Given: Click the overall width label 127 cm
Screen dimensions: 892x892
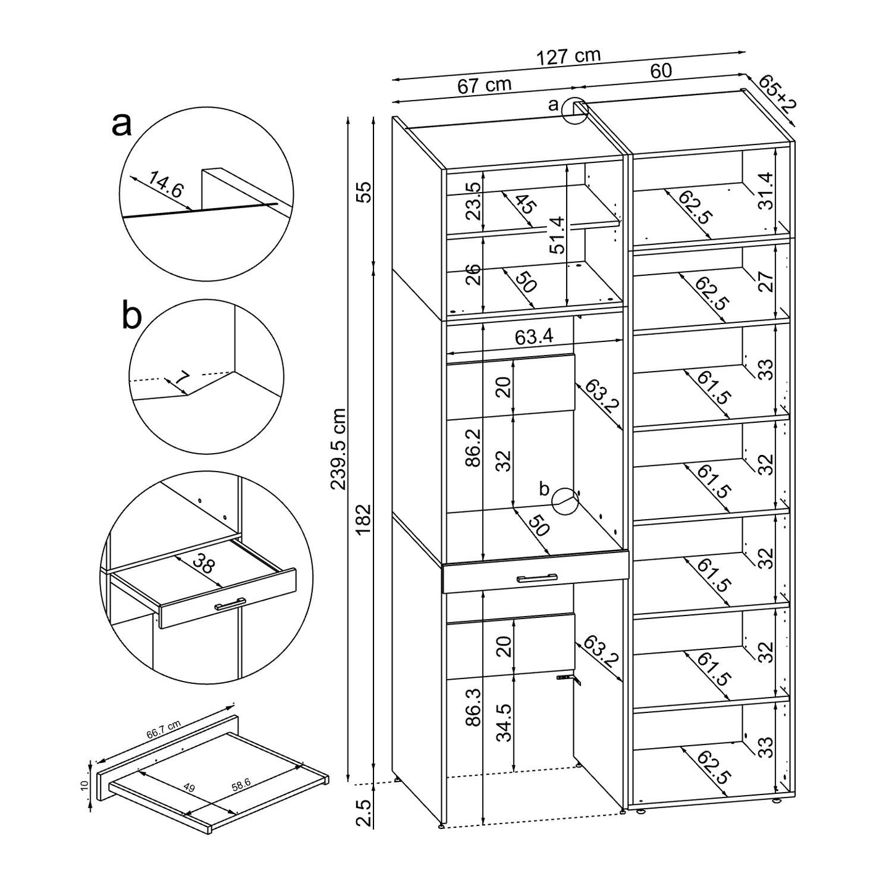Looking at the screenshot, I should tap(568, 57).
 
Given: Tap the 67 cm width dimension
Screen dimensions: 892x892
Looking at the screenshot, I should tap(484, 85).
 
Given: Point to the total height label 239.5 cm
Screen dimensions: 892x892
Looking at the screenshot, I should tap(338, 449).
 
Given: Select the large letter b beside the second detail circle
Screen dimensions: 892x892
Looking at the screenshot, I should tap(131, 316).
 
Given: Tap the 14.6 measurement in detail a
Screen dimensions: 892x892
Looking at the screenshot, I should tap(165, 185).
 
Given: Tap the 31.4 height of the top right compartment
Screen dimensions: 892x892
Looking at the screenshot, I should tap(765, 191).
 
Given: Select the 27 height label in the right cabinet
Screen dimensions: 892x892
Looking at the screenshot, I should tap(765, 282).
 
